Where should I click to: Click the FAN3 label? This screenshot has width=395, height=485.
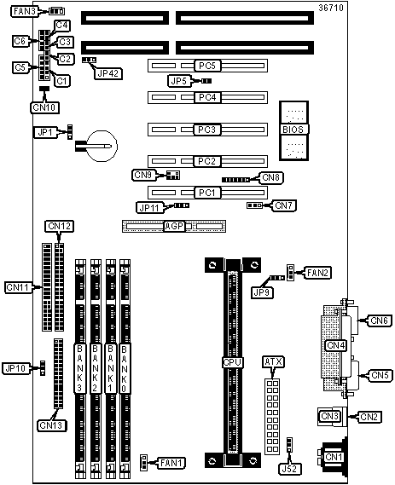point(25,11)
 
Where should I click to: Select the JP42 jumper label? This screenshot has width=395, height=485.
point(108,73)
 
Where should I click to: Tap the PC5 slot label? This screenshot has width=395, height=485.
point(207,66)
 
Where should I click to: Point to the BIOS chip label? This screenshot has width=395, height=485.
point(293,130)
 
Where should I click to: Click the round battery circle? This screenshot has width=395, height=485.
point(102,146)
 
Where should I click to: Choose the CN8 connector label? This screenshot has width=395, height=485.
point(270,177)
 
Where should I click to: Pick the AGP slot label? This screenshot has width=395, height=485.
point(174,226)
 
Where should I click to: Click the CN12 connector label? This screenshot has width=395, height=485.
point(60,226)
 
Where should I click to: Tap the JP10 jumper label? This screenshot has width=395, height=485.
point(15,368)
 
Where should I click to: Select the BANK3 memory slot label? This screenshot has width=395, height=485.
point(80,368)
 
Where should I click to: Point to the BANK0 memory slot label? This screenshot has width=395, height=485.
point(125,368)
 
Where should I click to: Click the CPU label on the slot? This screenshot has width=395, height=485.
point(232,362)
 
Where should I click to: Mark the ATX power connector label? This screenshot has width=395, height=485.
point(273,361)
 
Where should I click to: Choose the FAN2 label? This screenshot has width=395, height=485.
point(317,273)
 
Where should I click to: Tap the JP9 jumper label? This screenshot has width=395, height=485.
point(262,292)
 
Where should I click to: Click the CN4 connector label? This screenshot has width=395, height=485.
point(336,345)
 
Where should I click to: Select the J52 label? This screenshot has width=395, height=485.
point(289,469)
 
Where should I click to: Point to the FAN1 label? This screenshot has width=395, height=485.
point(171,463)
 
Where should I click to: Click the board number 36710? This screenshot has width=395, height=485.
point(331,8)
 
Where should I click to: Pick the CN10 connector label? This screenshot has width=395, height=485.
point(45,107)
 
